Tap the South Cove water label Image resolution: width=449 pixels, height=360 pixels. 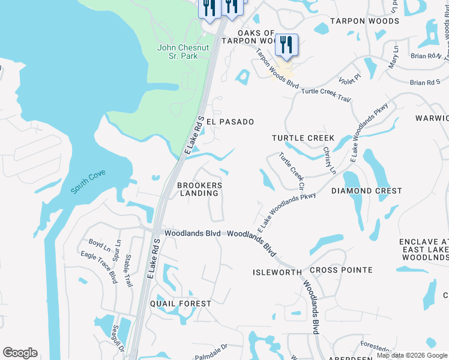tap(88, 181)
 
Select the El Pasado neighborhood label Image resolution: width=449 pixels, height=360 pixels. tap(230, 121)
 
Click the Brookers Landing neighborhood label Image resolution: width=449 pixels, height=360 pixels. tap(199, 189)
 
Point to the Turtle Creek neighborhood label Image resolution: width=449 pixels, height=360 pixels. tap(303, 138)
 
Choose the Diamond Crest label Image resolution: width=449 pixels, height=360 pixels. tap(366, 191)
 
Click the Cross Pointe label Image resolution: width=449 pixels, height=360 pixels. tap(341, 270)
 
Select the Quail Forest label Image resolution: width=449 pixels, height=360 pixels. tap(181, 304)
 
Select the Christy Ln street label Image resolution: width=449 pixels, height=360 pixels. tap(328, 160)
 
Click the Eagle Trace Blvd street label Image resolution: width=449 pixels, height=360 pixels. tap(99, 267)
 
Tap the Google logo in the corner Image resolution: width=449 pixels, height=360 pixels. tap(20, 353)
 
